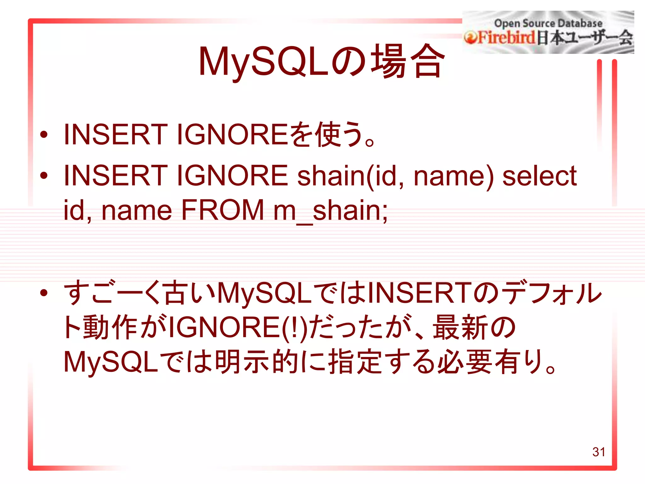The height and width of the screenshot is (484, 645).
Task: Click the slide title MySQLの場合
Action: click(321, 61)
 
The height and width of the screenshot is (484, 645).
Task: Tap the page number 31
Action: click(598, 452)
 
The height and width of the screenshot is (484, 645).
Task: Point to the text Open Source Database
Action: click(548, 23)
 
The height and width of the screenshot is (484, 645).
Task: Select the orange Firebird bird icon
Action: click(470, 38)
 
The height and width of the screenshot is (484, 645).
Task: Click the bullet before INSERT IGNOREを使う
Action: click(44, 135)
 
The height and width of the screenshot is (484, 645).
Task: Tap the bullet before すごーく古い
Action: click(44, 293)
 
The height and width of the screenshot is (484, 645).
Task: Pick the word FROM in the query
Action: click(223, 210)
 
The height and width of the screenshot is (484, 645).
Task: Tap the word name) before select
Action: click(454, 176)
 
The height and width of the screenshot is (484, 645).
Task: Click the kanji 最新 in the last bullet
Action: click(460, 328)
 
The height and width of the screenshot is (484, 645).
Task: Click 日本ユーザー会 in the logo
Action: click(585, 38)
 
